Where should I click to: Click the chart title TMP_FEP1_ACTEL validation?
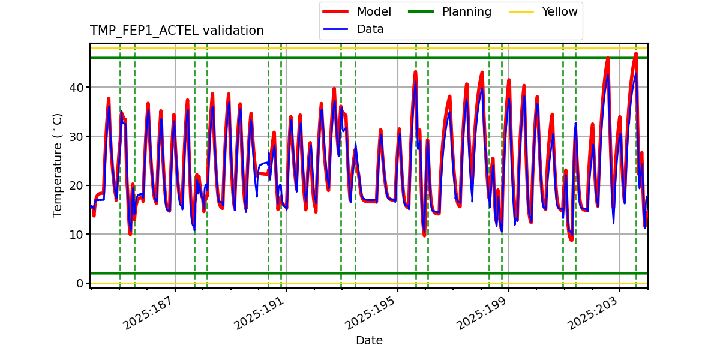176,31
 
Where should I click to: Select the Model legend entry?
374,11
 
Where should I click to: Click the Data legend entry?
370,29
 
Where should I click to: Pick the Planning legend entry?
466,11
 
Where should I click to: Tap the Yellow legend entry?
559,11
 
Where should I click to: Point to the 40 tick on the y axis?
77,88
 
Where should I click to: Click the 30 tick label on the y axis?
77,136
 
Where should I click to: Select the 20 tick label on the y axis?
77,185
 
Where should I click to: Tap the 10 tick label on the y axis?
77,234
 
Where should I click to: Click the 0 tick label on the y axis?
80,283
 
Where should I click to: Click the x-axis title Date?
369,341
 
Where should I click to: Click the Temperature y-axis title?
58,165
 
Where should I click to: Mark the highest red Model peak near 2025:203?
636,53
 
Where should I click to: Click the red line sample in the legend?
337,11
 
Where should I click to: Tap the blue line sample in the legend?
337,29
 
